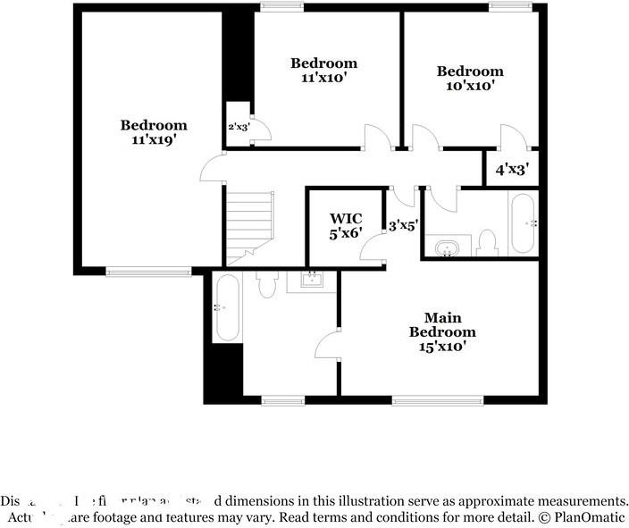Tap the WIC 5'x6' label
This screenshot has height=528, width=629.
click(x=347, y=226)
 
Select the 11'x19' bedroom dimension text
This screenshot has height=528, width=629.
click(x=154, y=140)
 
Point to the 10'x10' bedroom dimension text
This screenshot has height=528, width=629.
click(x=469, y=87)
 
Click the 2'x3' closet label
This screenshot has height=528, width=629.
click(x=238, y=127)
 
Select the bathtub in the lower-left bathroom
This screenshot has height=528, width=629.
click(x=228, y=307)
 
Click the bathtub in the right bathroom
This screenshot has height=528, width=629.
click(x=523, y=224)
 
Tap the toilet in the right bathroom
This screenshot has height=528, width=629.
click(x=488, y=242)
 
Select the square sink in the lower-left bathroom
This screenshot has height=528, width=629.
click(x=313, y=282)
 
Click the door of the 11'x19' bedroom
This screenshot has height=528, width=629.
click(x=211, y=167)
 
